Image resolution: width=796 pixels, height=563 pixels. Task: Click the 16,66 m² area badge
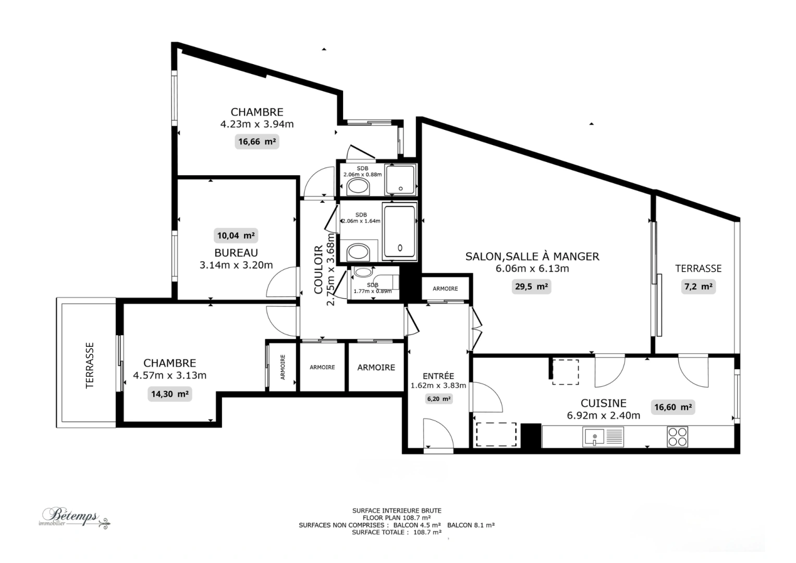click(x=256, y=141)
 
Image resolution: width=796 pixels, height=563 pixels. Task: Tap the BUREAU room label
click(x=236, y=253)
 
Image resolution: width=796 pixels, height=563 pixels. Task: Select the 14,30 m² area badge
click(x=169, y=394)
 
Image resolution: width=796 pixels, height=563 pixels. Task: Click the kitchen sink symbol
click(x=594, y=436)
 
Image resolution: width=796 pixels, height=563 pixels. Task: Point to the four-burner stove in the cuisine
click(x=677, y=437)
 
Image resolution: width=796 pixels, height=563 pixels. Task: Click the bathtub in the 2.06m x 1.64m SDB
click(x=399, y=232)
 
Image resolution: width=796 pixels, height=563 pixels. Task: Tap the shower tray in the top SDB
click(x=400, y=180)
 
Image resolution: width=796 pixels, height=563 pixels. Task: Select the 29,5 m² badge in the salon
click(x=531, y=286)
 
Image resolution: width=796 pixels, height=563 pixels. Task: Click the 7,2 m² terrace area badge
click(x=698, y=286)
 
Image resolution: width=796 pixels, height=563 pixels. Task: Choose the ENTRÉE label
click(x=438, y=376)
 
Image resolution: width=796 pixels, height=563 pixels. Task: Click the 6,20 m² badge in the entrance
click(x=438, y=399)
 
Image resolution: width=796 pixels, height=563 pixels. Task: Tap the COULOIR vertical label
click(x=319, y=270)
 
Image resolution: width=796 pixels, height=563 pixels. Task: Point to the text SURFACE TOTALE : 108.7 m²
click(x=397, y=532)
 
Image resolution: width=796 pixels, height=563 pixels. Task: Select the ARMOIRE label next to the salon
click(x=445, y=288)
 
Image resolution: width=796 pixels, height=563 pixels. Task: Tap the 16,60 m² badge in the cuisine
click(x=673, y=407)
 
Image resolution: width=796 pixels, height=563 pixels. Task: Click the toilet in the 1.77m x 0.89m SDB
click(x=361, y=272)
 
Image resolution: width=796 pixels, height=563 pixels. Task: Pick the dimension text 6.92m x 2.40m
click(x=603, y=415)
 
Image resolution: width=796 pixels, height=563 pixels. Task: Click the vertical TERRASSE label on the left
click(x=90, y=365)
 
